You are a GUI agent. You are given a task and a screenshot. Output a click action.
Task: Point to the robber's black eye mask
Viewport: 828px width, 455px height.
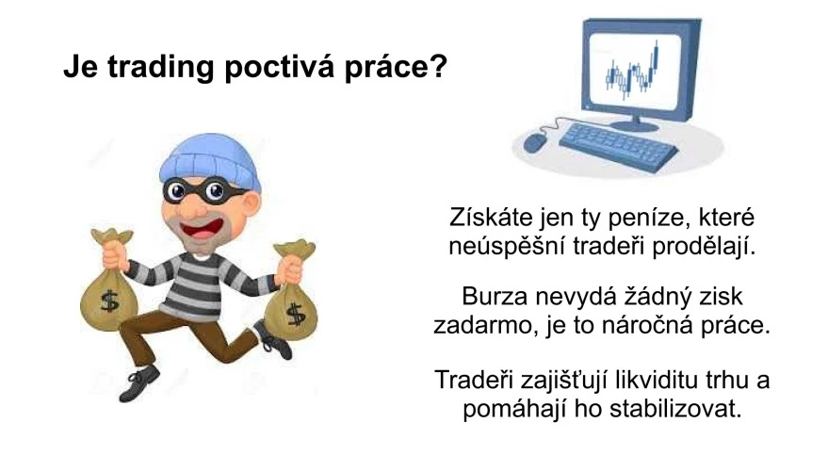point(203,191)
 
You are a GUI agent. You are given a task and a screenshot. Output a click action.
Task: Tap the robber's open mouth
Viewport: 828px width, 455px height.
point(202,228)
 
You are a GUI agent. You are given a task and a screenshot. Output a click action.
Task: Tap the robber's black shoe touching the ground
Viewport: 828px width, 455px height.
point(139,382)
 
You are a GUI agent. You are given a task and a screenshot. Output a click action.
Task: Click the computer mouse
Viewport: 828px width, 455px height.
point(535,142)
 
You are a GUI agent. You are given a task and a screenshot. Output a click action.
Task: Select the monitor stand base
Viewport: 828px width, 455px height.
point(634,125)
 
